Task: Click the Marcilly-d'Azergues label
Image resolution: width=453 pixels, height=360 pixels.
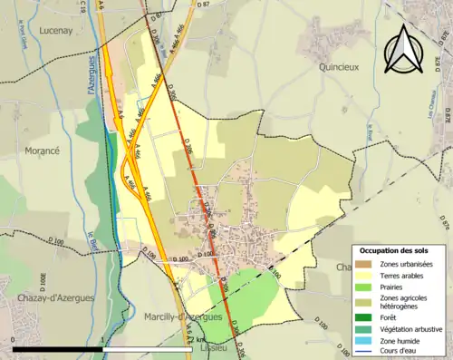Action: pyautogui.click(x=183, y=317)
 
